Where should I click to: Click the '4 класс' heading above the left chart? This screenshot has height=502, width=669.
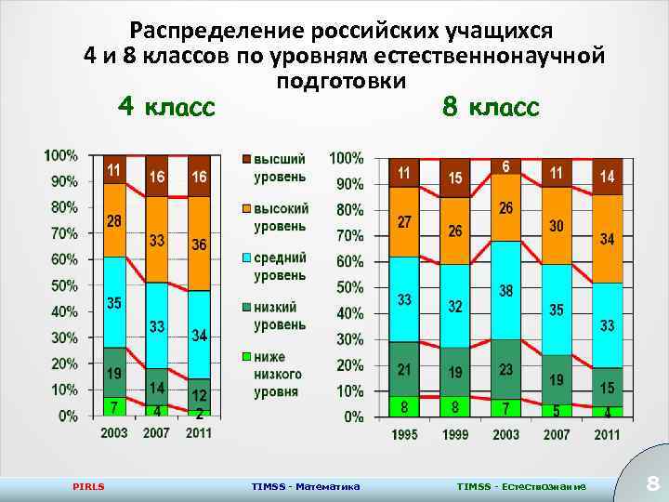(x=166, y=108)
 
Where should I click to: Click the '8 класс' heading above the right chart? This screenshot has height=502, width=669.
(x=491, y=108)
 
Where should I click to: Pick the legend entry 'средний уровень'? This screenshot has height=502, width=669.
(x=280, y=266)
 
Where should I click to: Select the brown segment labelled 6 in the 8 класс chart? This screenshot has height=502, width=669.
(x=505, y=166)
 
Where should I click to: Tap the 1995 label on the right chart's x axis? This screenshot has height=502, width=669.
(x=403, y=435)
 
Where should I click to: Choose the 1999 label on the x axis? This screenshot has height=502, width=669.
(x=454, y=435)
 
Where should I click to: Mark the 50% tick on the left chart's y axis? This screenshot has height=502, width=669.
(x=60, y=284)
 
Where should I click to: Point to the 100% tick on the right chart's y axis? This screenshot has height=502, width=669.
(x=348, y=158)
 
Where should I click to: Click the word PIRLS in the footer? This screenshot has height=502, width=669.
(x=88, y=486)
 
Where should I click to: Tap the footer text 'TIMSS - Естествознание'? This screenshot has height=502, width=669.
(x=520, y=486)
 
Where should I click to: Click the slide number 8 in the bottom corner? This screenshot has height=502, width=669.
(x=652, y=483)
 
